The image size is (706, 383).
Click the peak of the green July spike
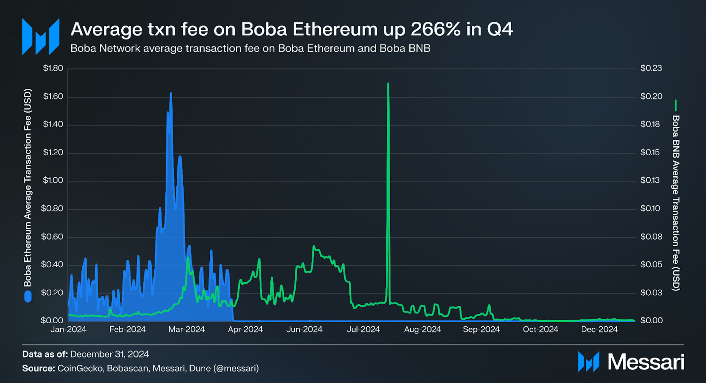388,84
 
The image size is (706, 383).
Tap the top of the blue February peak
171,94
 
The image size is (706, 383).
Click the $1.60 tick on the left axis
53,96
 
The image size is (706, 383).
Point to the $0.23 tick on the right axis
651,68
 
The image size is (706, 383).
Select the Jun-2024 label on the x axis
304,329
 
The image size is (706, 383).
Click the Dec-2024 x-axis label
599,329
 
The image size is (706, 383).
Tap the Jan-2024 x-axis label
68,329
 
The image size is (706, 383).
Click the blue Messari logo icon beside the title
41,37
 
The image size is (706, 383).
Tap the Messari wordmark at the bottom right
646,362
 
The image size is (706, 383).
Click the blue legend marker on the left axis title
28,296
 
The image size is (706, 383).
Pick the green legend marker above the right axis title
675,105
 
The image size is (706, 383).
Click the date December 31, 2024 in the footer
110,354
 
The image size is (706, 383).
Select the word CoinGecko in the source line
80,368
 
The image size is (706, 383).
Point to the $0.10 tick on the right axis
650,208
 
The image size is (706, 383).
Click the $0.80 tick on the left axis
52,208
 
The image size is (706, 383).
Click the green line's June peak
314,246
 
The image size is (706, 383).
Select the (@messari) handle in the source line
236,368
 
